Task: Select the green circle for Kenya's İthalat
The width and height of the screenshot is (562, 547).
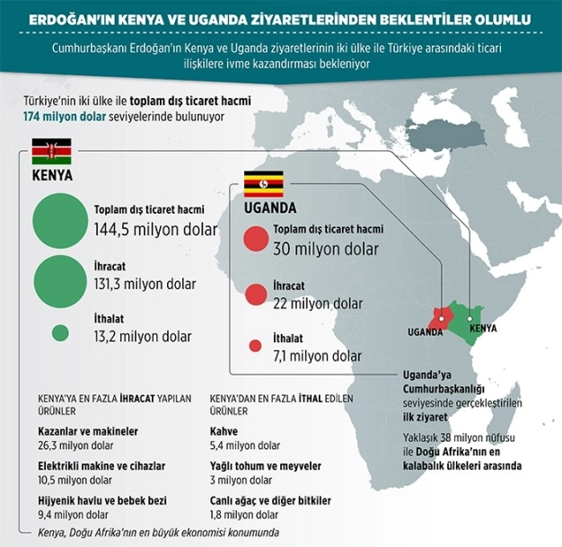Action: (x=60, y=331)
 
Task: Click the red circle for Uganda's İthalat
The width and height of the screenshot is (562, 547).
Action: (x=254, y=345)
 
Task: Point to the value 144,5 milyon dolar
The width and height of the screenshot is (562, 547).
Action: (x=155, y=230)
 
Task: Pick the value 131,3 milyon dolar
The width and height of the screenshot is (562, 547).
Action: (x=145, y=284)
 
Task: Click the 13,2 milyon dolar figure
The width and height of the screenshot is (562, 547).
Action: (x=143, y=337)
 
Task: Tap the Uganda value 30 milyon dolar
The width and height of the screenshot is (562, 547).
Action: (x=326, y=249)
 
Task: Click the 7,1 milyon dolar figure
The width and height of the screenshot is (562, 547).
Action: (x=317, y=356)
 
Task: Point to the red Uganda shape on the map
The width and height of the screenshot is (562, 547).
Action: (x=440, y=317)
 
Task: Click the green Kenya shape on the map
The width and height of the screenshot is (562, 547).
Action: (x=468, y=319)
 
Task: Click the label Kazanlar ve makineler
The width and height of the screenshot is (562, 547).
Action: (x=88, y=431)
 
